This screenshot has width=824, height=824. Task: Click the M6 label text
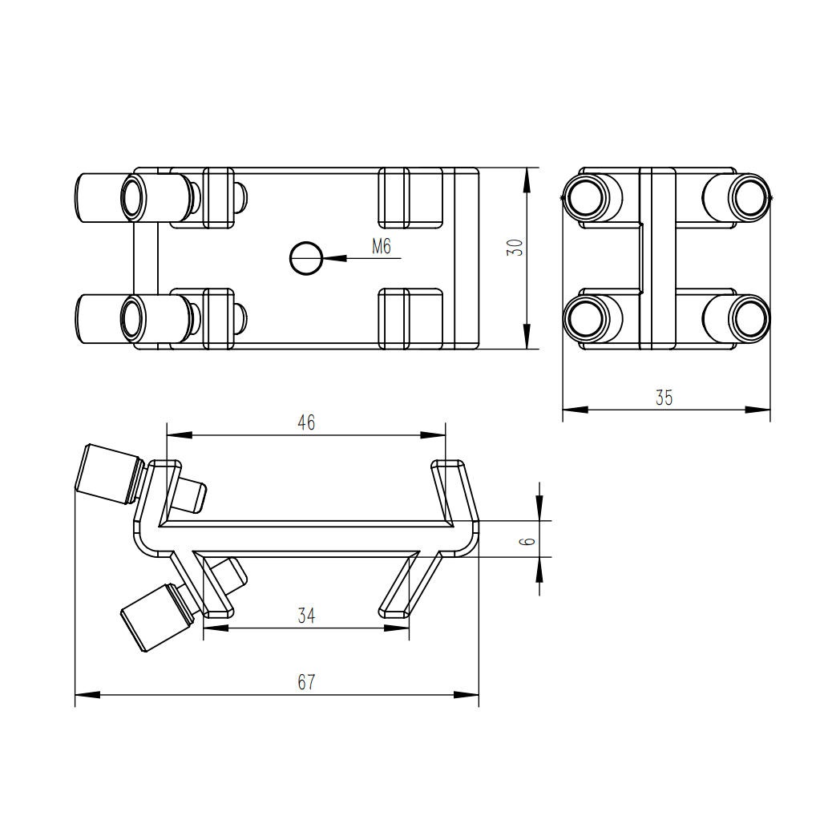(382, 246)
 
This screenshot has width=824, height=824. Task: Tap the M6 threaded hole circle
(306, 258)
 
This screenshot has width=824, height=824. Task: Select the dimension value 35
(664, 398)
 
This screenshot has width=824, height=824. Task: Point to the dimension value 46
(306, 422)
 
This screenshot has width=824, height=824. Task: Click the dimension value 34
(306, 615)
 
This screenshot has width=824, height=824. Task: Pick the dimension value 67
(306, 682)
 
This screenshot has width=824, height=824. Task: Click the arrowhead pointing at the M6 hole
(335, 258)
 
